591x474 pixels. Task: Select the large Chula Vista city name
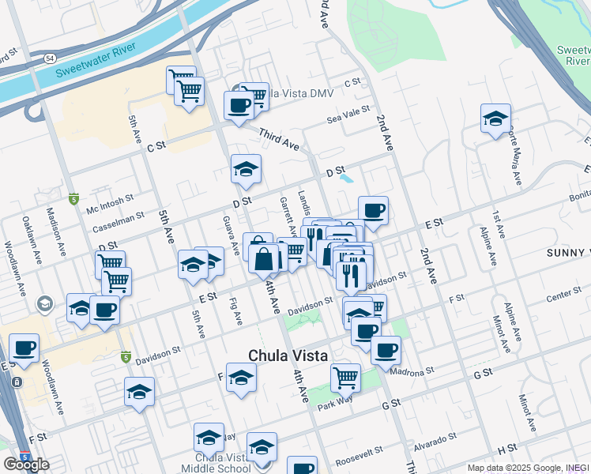coord(288,355)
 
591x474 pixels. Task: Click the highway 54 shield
coord(51,59)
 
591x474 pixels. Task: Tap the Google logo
coord(27,464)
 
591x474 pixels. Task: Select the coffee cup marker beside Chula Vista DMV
coord(239,105)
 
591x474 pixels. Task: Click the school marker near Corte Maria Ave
coord(495,119)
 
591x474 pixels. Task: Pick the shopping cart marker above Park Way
coord(345,378)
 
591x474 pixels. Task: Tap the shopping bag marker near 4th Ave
coord(263,258)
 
